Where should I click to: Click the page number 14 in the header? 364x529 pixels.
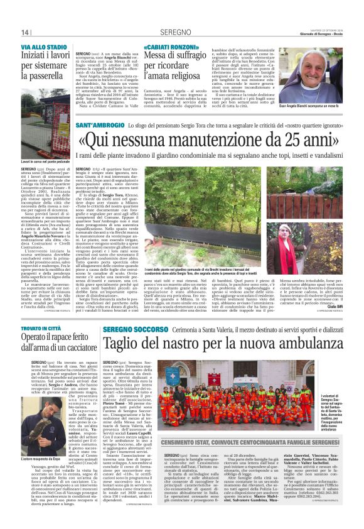click(x=25, y=33)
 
